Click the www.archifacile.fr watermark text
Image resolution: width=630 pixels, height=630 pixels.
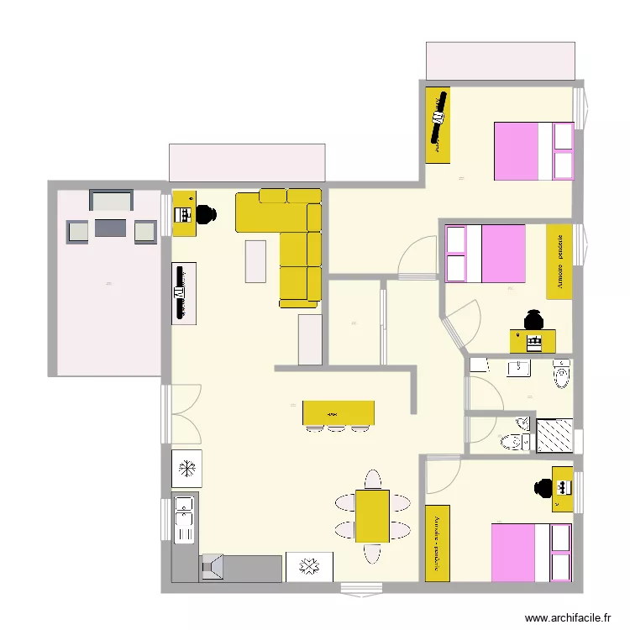569,617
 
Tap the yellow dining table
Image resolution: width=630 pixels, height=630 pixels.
372,516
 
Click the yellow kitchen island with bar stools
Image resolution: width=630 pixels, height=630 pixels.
338,413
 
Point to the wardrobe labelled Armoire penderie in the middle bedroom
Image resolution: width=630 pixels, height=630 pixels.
559,260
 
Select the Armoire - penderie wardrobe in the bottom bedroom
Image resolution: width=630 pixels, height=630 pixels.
438,542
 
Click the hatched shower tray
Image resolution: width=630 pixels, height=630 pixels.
554,435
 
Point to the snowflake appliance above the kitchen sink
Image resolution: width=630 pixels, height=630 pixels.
186,468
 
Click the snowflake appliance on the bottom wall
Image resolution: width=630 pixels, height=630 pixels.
309,566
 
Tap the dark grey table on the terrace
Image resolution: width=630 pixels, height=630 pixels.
111,228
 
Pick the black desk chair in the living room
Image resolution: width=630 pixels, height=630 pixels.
206,215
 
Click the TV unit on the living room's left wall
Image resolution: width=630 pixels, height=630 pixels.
184,293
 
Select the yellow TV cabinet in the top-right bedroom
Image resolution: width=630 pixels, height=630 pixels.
438,125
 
